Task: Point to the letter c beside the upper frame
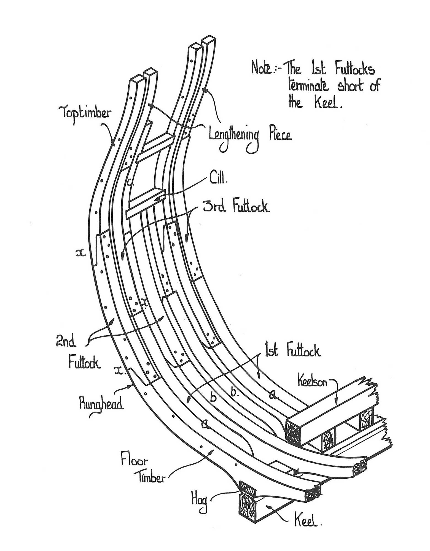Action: point(131,182)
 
